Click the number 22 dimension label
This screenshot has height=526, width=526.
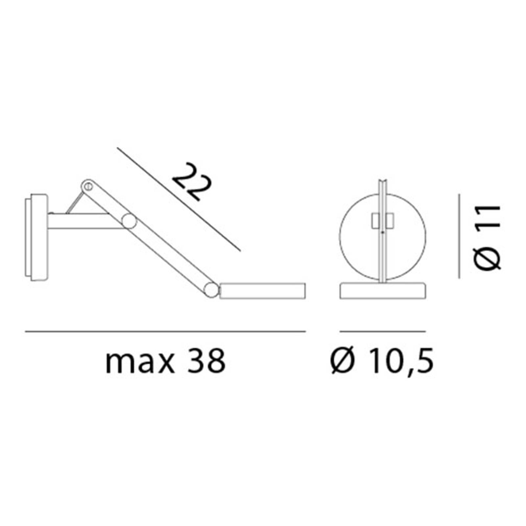click(192, 182)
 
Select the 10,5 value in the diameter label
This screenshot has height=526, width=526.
click(400, 361)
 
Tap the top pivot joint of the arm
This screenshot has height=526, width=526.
click(87, 186)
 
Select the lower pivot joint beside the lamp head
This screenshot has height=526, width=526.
click(211, 290)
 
